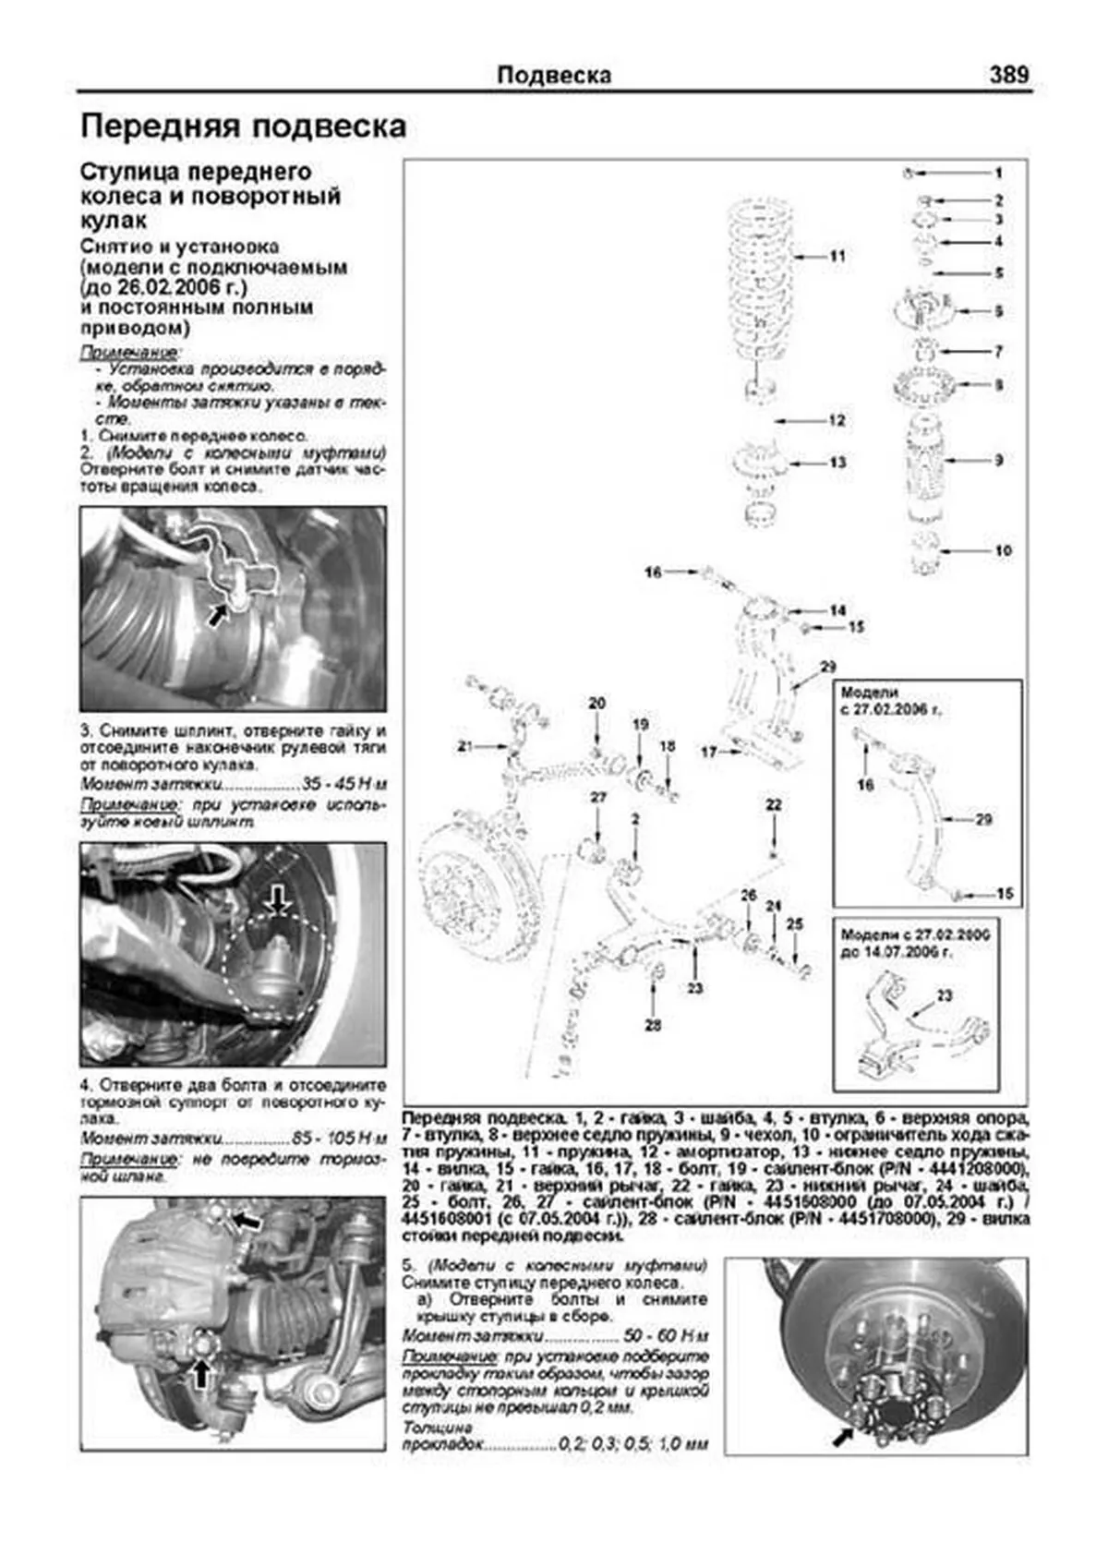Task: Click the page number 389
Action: coord(1008,74)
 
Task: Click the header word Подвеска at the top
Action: coord(554,75)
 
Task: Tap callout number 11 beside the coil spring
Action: coord(837,256)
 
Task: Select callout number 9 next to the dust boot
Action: coord(999,460)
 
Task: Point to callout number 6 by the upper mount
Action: coord(999,312)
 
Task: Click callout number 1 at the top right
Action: coord(999,173)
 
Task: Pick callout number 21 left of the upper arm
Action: coord(464,745)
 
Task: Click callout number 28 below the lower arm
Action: coord(654,1025)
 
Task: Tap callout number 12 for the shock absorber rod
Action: coord(837,420)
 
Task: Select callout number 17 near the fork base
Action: coord(708,752)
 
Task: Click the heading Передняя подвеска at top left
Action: coord(244,127)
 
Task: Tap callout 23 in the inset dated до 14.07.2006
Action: coord(944,995)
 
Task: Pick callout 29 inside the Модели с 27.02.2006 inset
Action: coord(984,819)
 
